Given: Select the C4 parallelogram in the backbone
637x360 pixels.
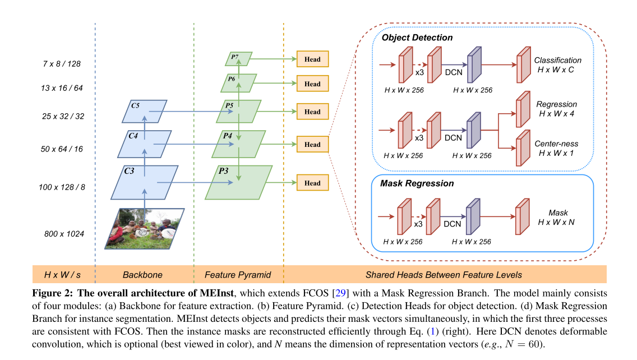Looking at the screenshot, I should coord(145,144).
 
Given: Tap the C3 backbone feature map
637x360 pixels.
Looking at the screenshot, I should coord(145,182).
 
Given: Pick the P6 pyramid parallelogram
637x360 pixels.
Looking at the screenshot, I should coord(238,82).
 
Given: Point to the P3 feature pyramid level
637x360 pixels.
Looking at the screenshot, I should coord(239,182).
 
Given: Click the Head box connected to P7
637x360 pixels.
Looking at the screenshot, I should coord(312,59).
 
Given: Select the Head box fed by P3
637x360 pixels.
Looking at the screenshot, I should coord(312,183).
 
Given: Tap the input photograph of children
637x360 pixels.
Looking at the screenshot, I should coord(144,228).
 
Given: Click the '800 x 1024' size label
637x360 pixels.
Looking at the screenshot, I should coord(64,233).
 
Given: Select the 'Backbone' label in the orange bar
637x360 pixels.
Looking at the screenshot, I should coord(142,275).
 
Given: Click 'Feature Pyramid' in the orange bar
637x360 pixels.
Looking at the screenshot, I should coord(238,275).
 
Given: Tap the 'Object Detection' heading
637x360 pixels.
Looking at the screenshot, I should coord(417,38).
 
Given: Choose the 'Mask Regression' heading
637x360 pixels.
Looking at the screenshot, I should coord(417,183).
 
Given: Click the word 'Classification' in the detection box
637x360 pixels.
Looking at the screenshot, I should coord(557,60).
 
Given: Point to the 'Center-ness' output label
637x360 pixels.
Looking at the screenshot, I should coord(556,144).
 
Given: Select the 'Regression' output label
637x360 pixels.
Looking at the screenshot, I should coord(556,104).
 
